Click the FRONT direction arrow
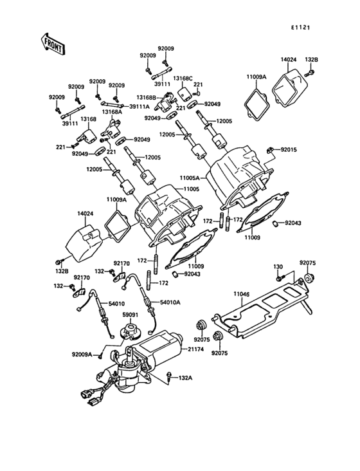pos(52,44)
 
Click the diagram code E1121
pos(300,27)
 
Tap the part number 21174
pos(196,349)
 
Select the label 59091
pos(130,315)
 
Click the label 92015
pos(289,149)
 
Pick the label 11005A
pos(190,178)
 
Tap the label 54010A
pos(170,302)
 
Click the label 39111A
pos(139,106)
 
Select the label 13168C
pos(183,78)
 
